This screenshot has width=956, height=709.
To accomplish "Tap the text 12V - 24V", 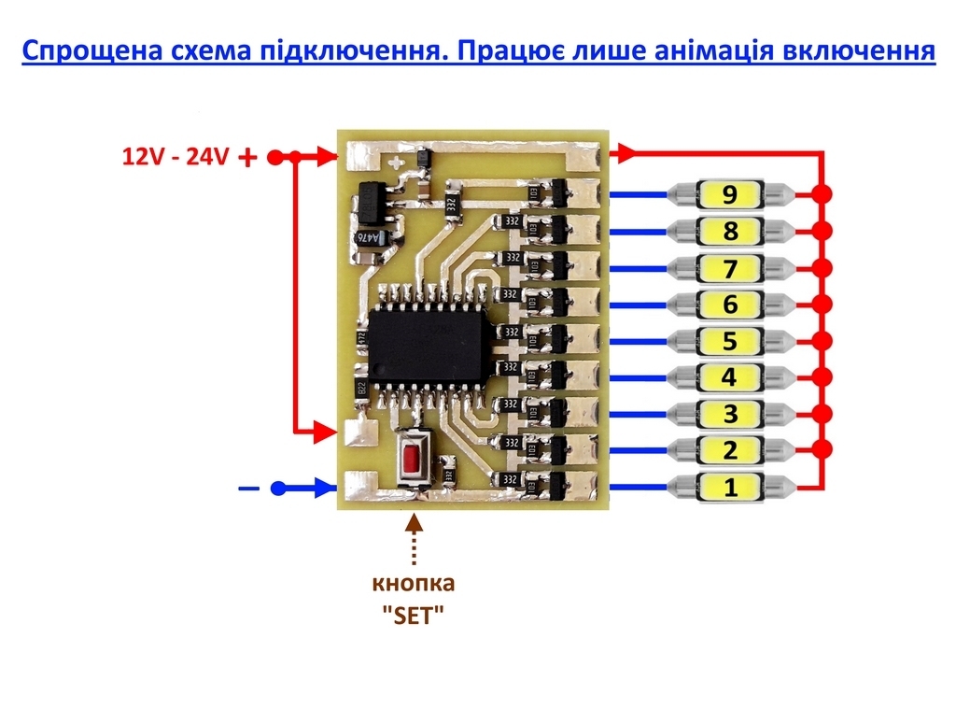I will [x=176, y=156].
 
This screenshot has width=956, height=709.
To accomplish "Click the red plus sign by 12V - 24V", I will [x=247, y=158].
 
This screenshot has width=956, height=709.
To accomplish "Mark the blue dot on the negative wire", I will [x=277, y=488].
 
